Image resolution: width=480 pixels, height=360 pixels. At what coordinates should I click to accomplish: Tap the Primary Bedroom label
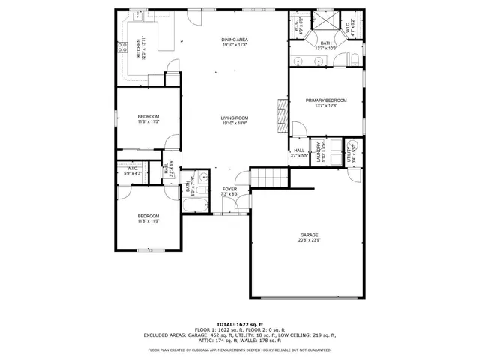point(326,100)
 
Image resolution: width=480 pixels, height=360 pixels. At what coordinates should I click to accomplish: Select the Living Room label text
point(234,118)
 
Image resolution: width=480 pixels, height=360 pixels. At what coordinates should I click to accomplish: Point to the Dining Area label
point(235,40)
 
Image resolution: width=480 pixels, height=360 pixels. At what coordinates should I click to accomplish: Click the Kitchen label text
point(138,49)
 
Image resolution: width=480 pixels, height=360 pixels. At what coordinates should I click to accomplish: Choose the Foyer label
point(229,189)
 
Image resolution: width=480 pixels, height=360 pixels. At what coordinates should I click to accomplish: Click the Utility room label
point(349,151)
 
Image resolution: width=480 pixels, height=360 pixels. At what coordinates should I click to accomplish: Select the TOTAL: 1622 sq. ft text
point(239,322)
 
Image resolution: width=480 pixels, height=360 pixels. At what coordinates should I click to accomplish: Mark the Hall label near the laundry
point(298,151)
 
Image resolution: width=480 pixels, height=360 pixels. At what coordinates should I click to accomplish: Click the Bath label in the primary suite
point(326,43)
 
